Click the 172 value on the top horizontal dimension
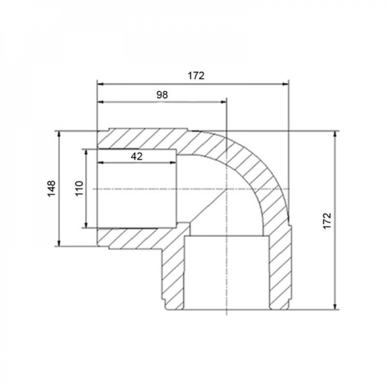point(196,76)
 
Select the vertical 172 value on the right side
point(327,221)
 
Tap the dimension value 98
point(162,95)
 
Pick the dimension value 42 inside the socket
point(137,156)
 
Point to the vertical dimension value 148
point(51,188)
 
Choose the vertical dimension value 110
point(79,188)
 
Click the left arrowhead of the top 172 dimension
point(100,84)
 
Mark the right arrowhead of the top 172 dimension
point(285,84)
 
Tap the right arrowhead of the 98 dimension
point(223,101)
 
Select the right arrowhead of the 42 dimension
point(173,163)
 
